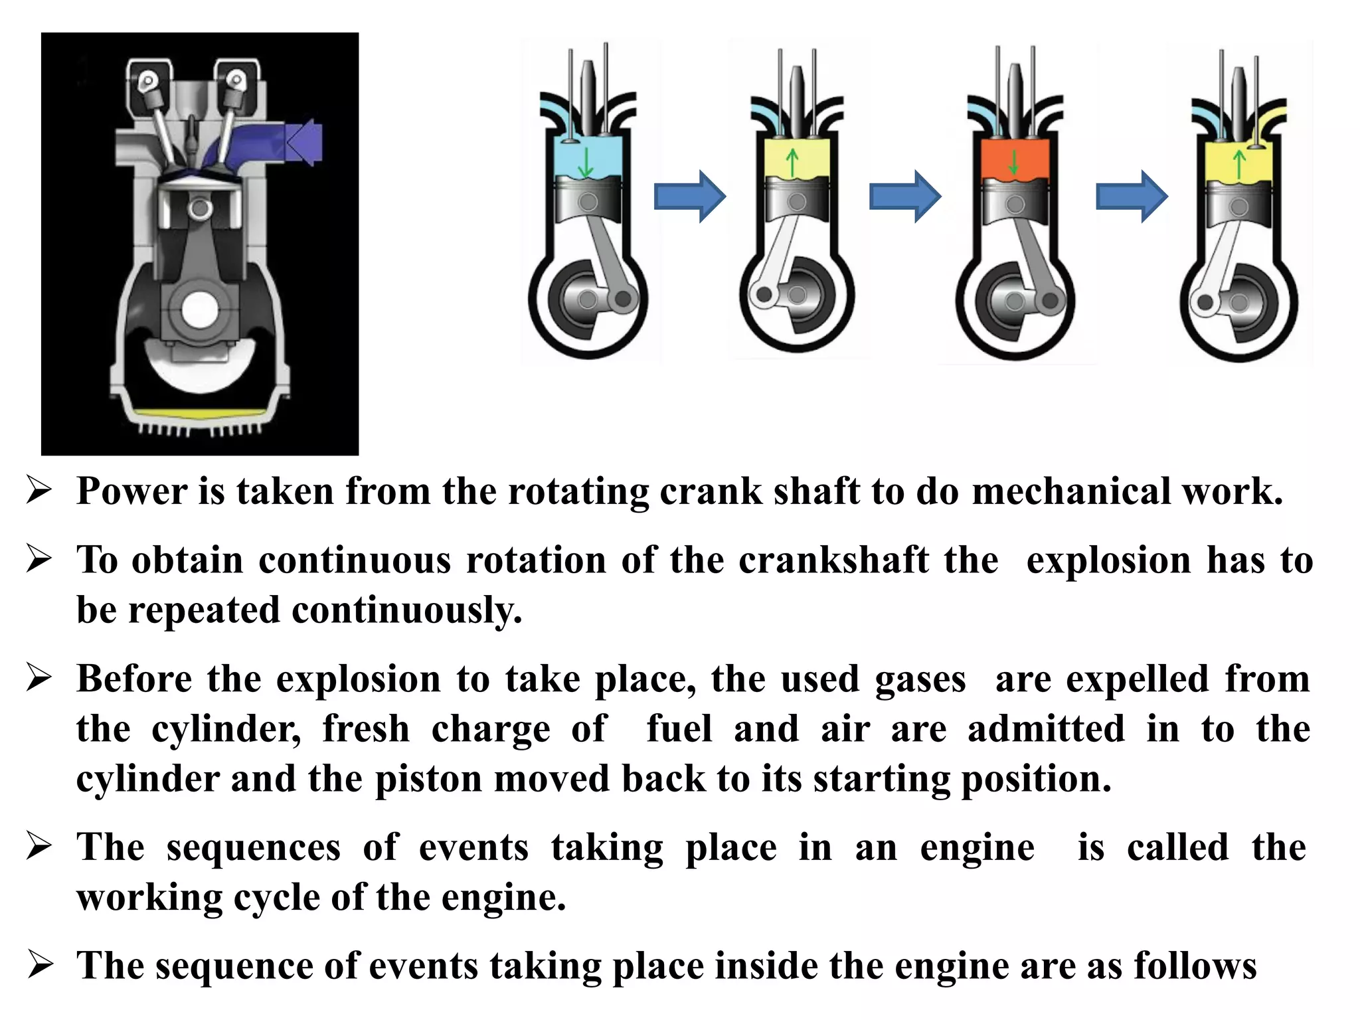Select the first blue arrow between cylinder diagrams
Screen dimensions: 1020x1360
689,196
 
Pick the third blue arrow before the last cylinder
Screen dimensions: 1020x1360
1131,196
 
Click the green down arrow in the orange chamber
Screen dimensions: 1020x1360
1013,162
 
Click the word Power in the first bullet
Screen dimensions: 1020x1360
132,492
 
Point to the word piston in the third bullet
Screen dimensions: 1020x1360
428,779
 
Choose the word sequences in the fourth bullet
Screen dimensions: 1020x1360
254,848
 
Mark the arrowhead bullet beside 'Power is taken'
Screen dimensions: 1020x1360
39,492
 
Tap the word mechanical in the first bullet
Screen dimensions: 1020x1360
1068,492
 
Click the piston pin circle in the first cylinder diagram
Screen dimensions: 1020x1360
588,202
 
